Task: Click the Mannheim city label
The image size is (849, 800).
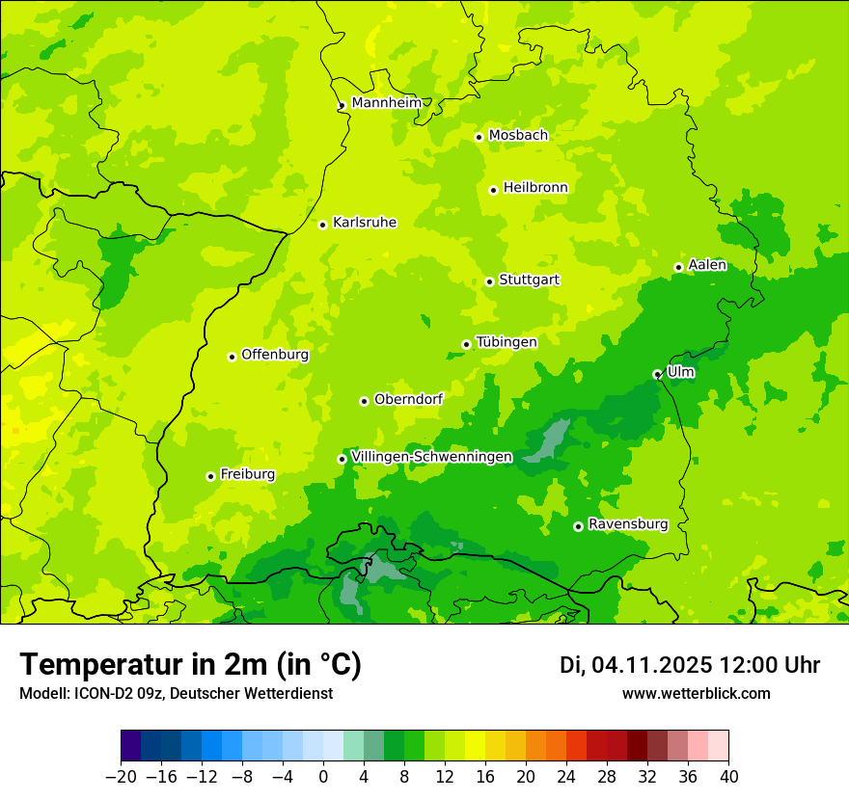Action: coord(386,102)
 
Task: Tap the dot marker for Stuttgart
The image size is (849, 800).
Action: coord(489,281)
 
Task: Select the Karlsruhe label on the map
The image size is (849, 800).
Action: coord(364,223)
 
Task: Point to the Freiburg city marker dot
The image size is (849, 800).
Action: coord(210,476)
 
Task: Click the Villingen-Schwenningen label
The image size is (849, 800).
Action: coord(431,457)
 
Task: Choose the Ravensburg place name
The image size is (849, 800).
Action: coord(627,524)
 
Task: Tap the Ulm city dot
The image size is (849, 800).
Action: coord(657,374)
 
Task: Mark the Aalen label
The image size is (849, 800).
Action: coord(707,265)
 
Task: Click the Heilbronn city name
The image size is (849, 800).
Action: coord(535,188)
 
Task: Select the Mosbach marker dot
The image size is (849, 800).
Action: coord(479,137)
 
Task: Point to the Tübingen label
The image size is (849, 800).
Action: coord(507,342)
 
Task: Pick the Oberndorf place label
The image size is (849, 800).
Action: coord(409,399)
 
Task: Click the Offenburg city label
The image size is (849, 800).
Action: coord(275,355)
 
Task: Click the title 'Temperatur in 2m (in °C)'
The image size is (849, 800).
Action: coord(190,665)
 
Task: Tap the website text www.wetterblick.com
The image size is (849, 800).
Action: coord(696,694)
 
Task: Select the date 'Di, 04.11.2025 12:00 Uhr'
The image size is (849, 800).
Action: coord(690,665)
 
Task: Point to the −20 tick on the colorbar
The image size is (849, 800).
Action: coord(121,777)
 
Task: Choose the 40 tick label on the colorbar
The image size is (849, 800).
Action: coord(728,777)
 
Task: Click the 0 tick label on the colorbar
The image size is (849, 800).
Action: coord(323,777)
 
